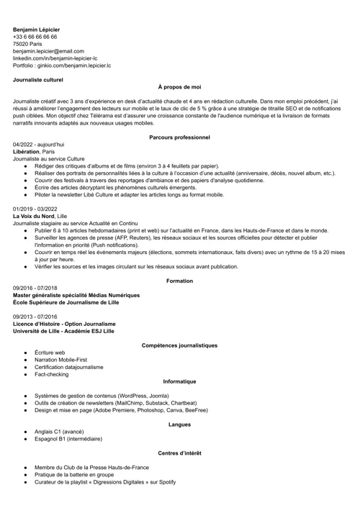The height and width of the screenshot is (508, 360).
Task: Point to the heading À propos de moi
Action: click(179, 86)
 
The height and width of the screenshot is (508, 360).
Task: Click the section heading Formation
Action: click(179, 281)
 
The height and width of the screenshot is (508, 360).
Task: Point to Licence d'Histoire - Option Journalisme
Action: click(65, 324)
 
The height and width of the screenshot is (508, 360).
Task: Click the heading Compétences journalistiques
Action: click(179, 345)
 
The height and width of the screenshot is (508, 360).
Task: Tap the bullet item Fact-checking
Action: click(52, 374)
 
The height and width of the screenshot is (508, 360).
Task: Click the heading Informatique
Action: click(179, 381)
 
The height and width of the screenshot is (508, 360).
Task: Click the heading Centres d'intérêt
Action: click(179, 453)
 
